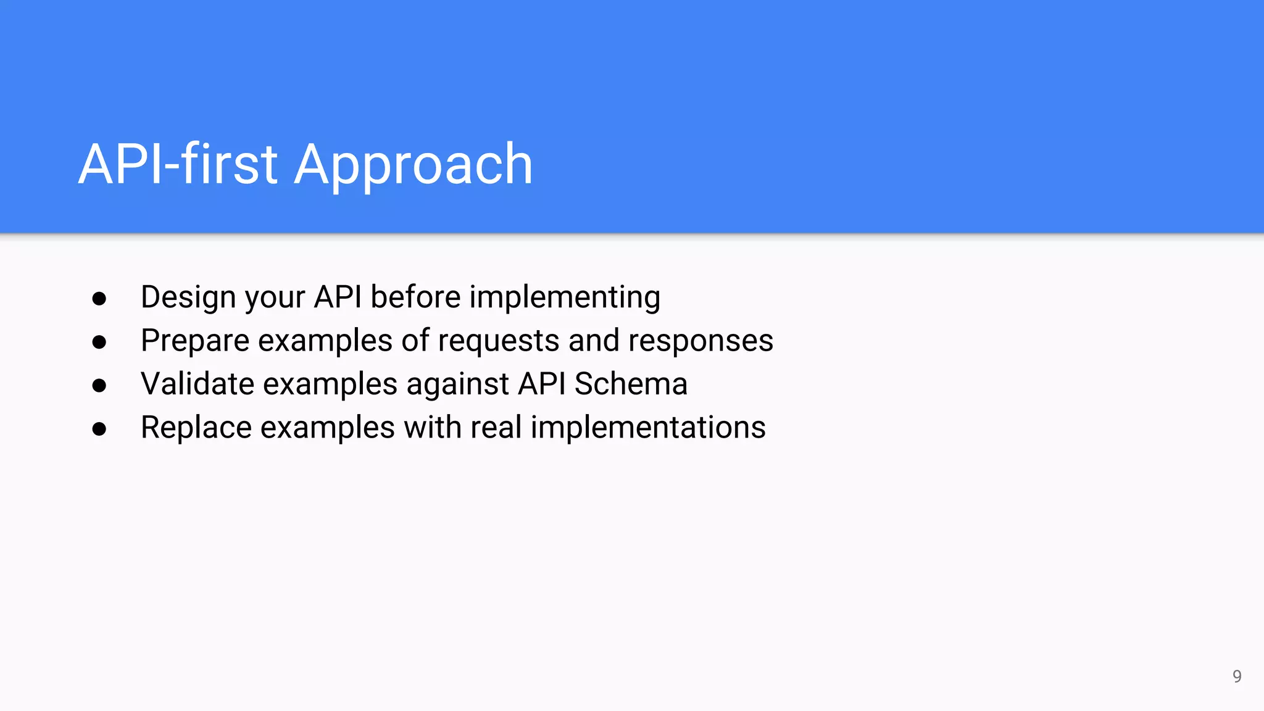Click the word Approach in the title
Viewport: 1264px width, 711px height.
click(x=413, y=165)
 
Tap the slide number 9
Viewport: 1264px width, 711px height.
click(x=1237, y=676)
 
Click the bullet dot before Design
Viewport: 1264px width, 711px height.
click(x=99, y=299)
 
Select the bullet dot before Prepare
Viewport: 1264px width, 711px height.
click(x=99, y=343)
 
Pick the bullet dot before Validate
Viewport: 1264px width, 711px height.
click(x=99, y=386)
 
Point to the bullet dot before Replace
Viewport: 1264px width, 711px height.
click(x=99, y=429)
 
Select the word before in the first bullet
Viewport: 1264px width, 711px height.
click(x=415, y=297)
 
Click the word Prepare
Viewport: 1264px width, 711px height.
click(x=195, y=341)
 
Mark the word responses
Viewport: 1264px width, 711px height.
click(x=701, y=341)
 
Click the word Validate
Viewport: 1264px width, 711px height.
click(x=197, y=384)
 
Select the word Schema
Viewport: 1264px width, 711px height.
click(x=631, y=384)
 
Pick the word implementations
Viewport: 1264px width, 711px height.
click(x=648, y=427)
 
